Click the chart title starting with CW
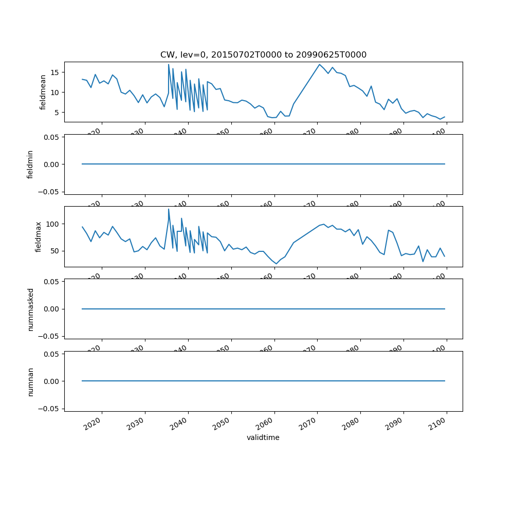coord(263,54)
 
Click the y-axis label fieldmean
coord(43,92)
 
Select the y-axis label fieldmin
coord(30,164)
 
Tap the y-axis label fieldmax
coord(38,236)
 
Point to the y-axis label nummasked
coord(30,309)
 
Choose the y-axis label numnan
coord(30,381)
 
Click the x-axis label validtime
coord(263,437)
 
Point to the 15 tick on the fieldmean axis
coord(56,72)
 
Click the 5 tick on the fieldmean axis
coord(58,113)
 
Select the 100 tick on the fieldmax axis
coord(54,224)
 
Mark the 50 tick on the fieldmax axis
coord(56,251)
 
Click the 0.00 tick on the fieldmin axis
coord(51,164)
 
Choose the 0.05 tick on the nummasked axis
coord(51,282)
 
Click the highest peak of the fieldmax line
coord(169,209)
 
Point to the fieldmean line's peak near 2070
coord(319,64)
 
